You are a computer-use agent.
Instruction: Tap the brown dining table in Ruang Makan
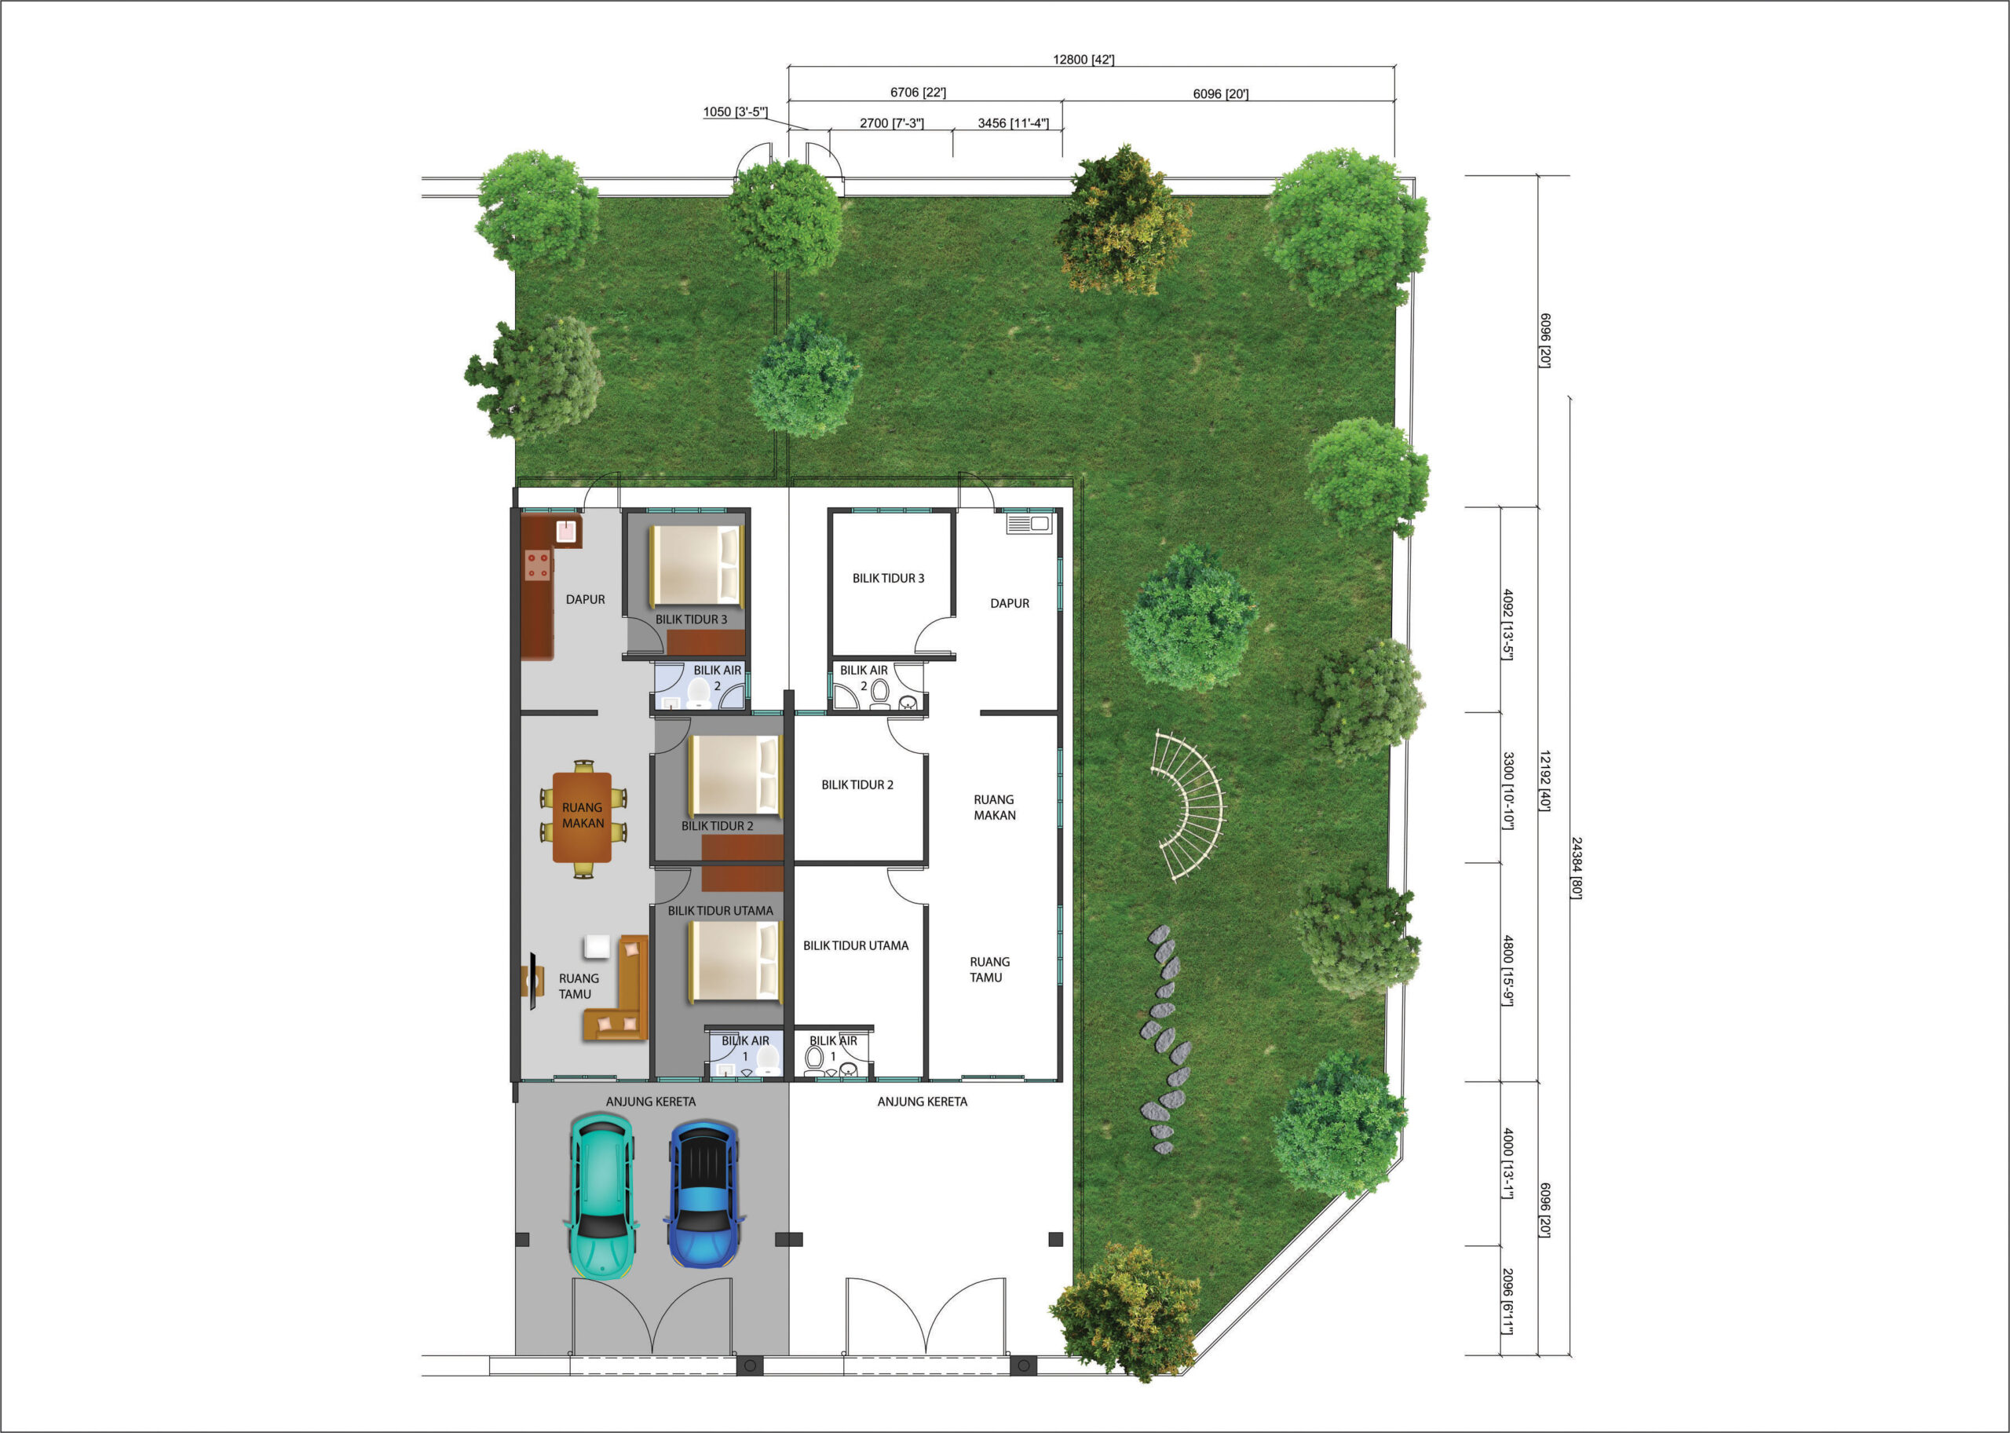coord(583,817)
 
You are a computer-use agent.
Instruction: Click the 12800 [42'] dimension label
coord(1084,60)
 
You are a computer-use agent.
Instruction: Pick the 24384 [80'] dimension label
coord(1576,868)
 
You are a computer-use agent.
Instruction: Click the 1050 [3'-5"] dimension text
coord(735,112)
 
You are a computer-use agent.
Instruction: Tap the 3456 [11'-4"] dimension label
coord(1013,123)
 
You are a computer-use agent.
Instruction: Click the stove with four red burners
coord(537,565)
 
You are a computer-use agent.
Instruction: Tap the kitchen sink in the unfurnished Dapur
coord(1029,525)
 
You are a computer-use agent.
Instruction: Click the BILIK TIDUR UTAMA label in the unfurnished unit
coord(855,946)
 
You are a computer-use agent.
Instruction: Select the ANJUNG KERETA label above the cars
coord(650,1101)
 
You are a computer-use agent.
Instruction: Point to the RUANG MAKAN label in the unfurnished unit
coord(995,807)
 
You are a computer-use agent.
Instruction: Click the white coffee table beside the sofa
coord(597,947)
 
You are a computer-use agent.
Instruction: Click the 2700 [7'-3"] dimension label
coord(891,123)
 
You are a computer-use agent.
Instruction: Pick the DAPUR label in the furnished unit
coord(585,600)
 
